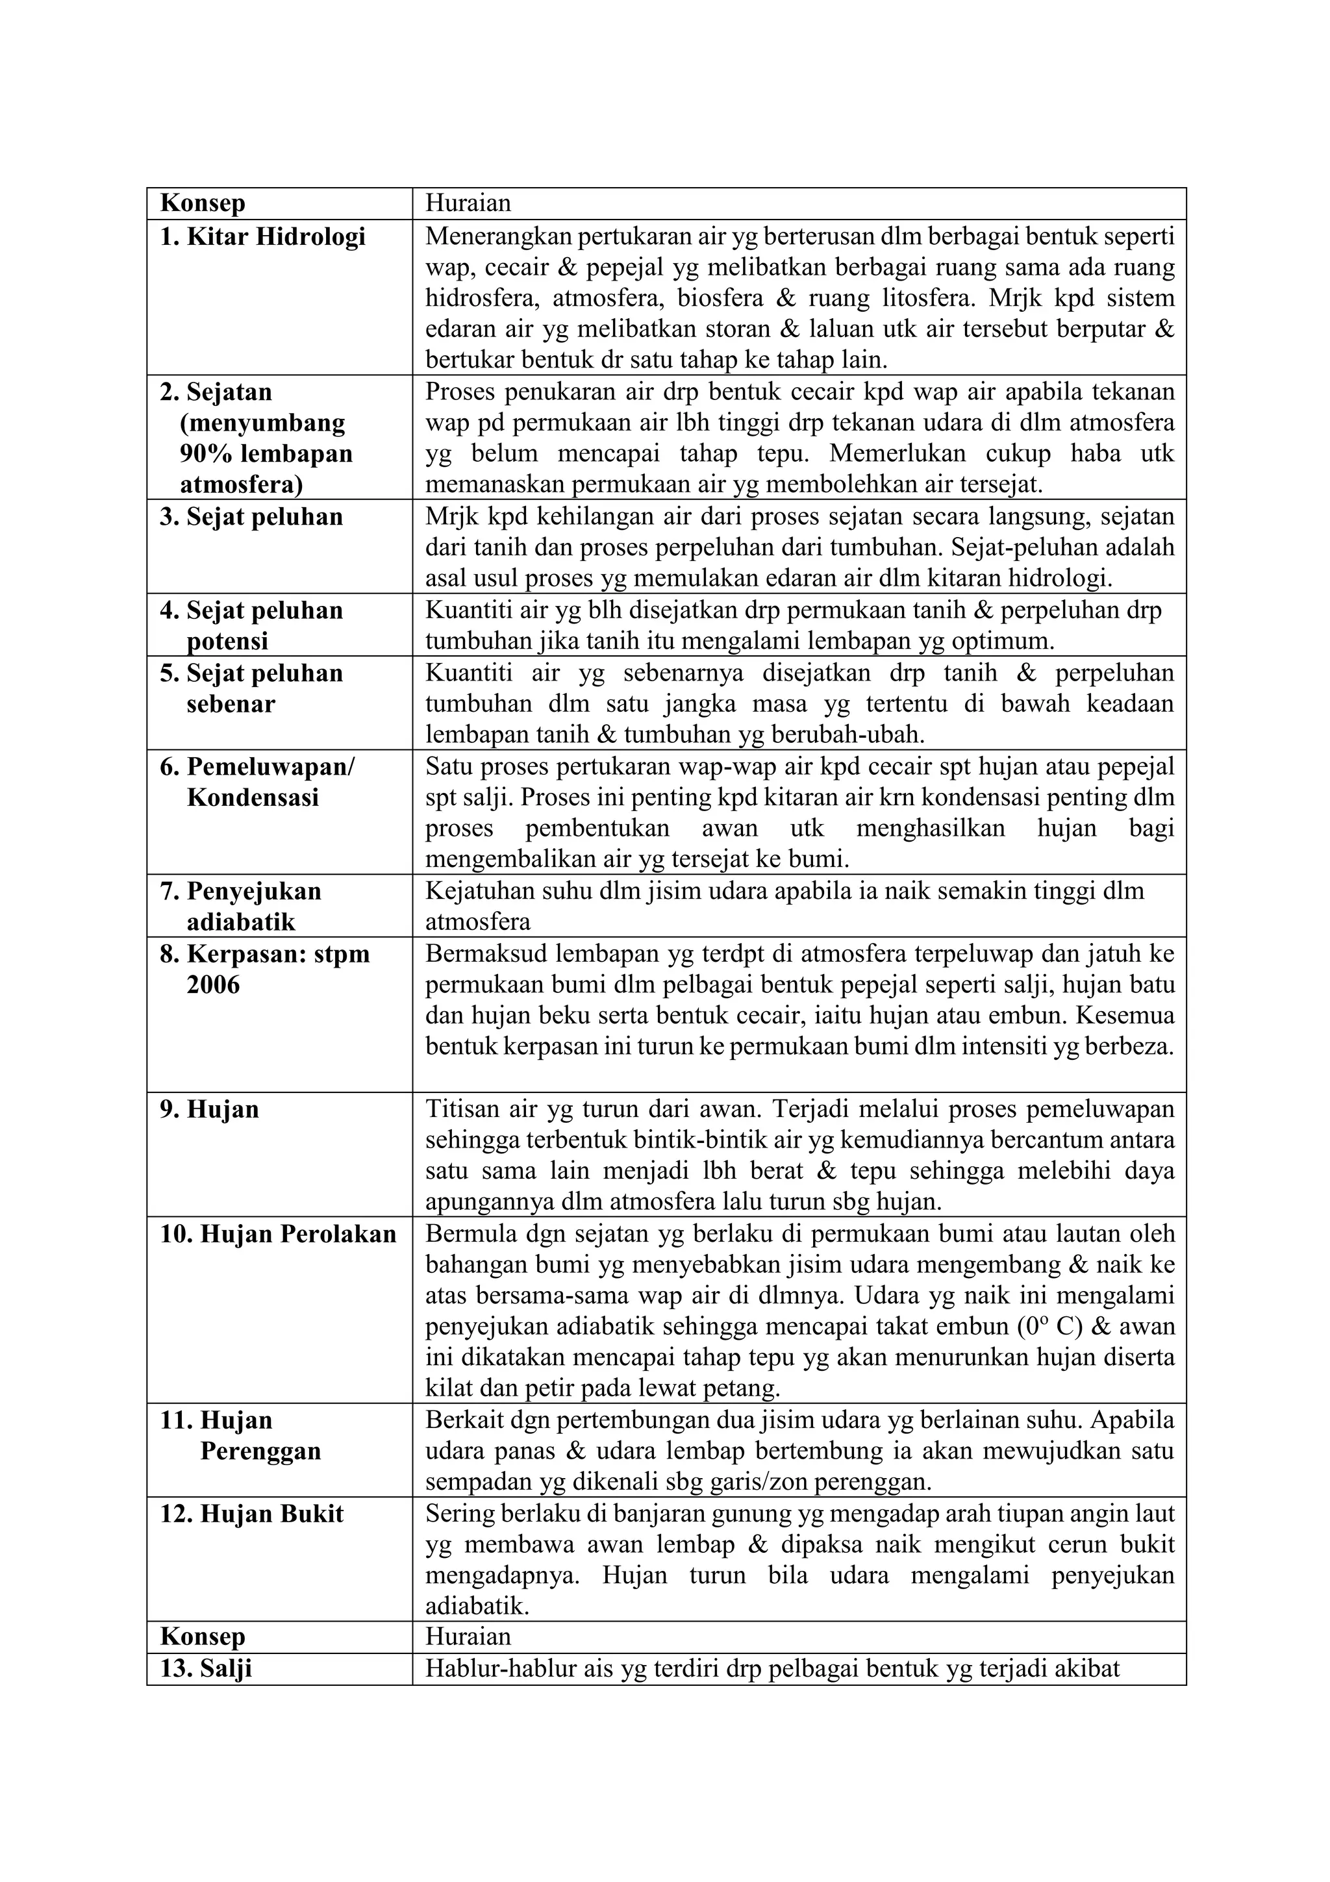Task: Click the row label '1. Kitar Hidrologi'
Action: pyautogui.click(x=262, y=237)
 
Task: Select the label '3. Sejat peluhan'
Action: pyautogui.click(x=251, y=517)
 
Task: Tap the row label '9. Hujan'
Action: pyautogui.click(x=210, y=1109)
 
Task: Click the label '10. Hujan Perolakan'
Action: pyautogui.click(x=279, y=1234)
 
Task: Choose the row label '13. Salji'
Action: pyautogui.click(x=207, y=1669)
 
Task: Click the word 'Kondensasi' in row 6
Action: pyautogui.click(x=253, y=797)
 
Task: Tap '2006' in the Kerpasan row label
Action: pyautogui.click(x=213, y=985)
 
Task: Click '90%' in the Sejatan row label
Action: pyautogui.click(x=209, y=453)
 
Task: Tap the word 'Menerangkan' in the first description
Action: pyautogui.click(x=498, y=237)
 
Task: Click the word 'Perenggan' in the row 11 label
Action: pyautogui.click(x=260, y=1451)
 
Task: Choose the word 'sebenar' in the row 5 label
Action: pyautogui.click(x=231, y=704)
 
